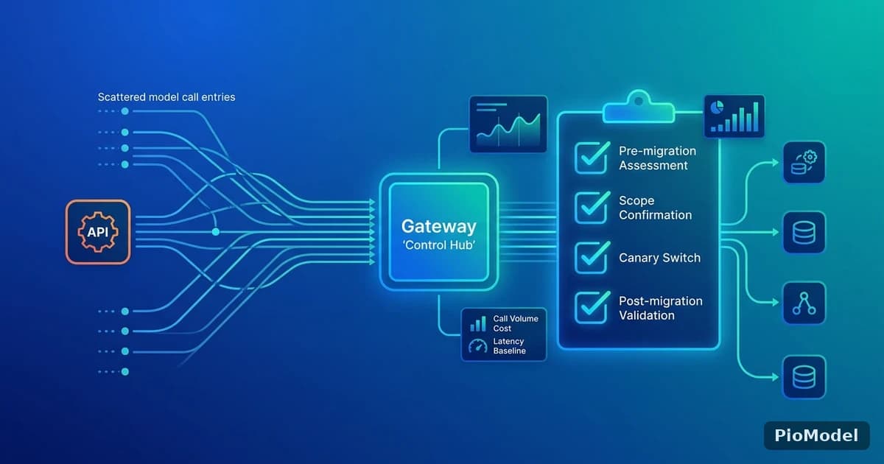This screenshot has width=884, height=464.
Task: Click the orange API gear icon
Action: click(x=98, y=232)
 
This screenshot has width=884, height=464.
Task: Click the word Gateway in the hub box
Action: click(x=439, y=227)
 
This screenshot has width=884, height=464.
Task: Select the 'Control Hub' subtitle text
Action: click(x=439, y=245)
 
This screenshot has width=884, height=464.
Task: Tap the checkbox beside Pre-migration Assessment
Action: click(x=591, y=158)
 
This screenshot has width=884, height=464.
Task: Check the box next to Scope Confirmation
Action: click(x=591, y=208)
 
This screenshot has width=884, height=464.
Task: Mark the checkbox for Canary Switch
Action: click(x=591, y=257)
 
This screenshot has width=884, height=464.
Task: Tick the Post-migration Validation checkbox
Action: click(x=591, y=307)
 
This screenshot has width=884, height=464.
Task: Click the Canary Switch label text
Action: click(x=659, y=258)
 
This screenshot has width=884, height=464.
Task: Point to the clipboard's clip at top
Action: click(x=639, y=107)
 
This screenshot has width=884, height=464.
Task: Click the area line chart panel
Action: click(x=508, y=124)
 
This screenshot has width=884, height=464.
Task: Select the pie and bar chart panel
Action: click(x=734, y=116)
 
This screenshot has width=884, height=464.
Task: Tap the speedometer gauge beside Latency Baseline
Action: click(x=478, y=346)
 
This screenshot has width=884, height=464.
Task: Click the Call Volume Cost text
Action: click(x=516, y=323)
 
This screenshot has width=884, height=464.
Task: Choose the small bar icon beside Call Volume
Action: click(x=478, y=323)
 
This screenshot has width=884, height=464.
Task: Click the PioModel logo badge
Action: click(x=816, y=435)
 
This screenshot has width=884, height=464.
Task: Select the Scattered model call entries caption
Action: click(x=166, y=97)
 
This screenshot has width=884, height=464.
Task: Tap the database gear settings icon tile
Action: click(x=804, y=162)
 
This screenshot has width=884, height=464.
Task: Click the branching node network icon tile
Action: click(x=804, y=303)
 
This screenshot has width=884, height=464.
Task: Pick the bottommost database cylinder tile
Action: click(x=804, y=377)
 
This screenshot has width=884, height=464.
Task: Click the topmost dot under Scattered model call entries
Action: click(x=124, y=111)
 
